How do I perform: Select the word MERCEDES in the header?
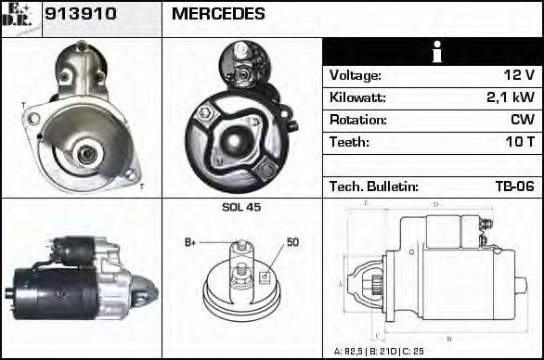tap(218, 15)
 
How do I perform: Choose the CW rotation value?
tap(521, 121)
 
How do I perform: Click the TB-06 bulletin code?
tap(514, 187)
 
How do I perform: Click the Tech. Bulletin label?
tap(373, 187)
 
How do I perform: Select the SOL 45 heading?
tap(241, 207)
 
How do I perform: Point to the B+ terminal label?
tap(190, 243)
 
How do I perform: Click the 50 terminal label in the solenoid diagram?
tap(292, 243)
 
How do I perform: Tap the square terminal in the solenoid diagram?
tap(265, 276)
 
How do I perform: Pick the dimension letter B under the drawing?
tap(449, 338)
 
